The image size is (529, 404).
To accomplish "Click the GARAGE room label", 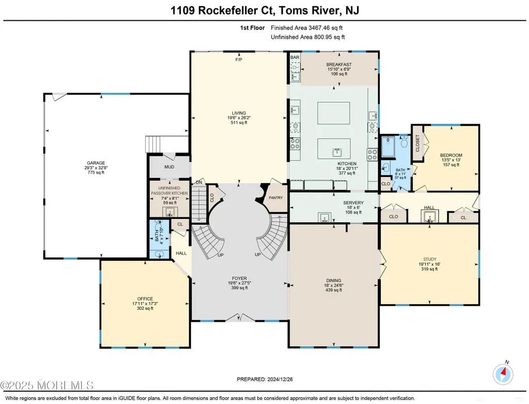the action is click(96, 163).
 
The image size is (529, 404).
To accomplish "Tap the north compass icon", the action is click(503, 374).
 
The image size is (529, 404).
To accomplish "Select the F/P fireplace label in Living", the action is click(239, 60).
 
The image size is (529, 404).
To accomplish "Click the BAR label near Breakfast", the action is click(295, 57).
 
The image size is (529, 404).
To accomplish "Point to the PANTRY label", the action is click(276, 198).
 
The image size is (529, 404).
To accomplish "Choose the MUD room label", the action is click(169, 167).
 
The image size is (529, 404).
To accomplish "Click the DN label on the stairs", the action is click(199, 183).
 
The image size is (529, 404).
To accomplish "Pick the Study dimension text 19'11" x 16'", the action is click(429, 264).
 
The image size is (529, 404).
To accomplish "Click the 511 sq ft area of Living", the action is click(239, 123).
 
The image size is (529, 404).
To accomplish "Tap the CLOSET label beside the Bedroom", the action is click(417, 143).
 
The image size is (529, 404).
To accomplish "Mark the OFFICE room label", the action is click(145, 299).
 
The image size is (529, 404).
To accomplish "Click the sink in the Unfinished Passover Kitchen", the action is click(170, 212).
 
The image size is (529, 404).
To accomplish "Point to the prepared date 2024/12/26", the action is click(279, 379).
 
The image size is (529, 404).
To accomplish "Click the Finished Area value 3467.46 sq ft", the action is click(325, 28).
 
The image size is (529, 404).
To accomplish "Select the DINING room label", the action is click(334, 280).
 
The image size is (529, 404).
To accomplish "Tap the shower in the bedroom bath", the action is click(388, 146).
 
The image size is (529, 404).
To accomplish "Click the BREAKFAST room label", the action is click(339, 65).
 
